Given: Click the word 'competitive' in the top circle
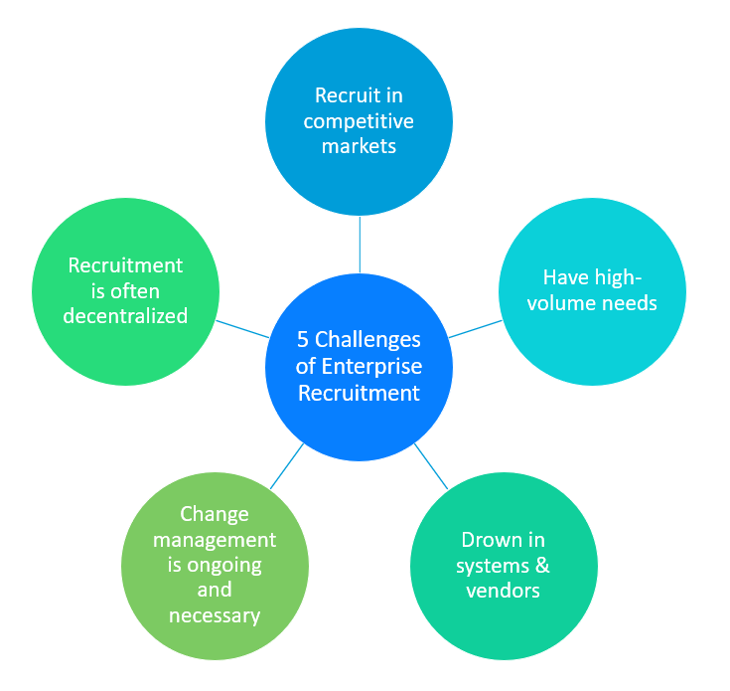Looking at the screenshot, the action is tap(359, 122).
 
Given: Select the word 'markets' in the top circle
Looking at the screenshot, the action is tap(359, 146).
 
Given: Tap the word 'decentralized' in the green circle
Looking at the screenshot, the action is tap(125, 316).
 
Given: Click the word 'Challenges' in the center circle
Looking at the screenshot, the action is tap(367, 340).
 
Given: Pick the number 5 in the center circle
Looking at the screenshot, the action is tap(303, 340).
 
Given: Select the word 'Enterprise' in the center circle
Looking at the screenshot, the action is tap(372, 367).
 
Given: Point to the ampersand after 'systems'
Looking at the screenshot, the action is tap(542, 565).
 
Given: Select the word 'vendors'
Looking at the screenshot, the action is tap(504, 591).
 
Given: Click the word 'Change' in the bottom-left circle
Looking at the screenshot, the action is tap(215, 515).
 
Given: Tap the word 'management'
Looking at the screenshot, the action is tap(215, 541).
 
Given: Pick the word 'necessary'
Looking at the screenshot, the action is tap(215, 616).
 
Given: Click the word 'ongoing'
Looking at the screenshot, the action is tap(224, 566).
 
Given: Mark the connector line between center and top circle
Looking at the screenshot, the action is tap(360, 245).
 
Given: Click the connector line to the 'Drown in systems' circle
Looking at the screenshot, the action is tap(431, 466).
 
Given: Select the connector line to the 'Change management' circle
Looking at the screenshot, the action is tap(287, 466).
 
